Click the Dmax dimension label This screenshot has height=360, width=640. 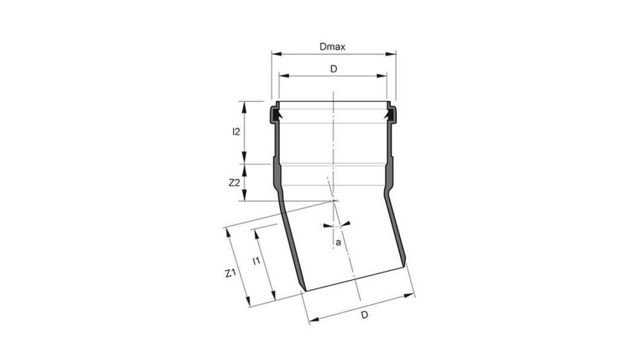tap(332, 47)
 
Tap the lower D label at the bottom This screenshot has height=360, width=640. tap(364, 315)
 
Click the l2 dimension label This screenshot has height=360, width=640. tap(236, 132)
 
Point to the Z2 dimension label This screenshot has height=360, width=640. tap(235, 183)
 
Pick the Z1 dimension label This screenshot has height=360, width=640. tap(229, 274)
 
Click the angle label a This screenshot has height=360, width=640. tap(337, 243)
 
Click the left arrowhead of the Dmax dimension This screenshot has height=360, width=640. tap(274, 54)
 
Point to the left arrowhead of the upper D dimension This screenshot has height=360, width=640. tap(282, 75)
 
